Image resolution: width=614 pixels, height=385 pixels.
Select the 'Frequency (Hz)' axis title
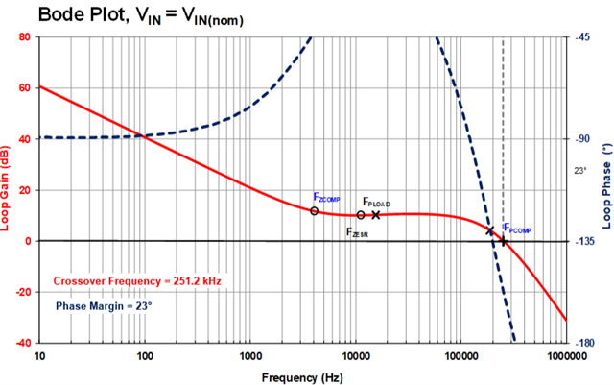(302, 373)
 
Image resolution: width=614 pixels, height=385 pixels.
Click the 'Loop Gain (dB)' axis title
(8, 190)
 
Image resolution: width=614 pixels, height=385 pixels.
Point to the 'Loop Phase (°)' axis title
(605, 190)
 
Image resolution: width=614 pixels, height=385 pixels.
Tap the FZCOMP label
(327, 197)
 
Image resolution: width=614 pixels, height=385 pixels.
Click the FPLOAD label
(376, 204)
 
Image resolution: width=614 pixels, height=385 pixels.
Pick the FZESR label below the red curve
(358, 231)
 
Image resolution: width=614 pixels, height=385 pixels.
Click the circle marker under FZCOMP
(315, 210)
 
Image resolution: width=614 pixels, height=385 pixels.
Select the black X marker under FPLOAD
(376, 215)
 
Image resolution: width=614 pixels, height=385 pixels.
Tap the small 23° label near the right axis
(579, 170)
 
